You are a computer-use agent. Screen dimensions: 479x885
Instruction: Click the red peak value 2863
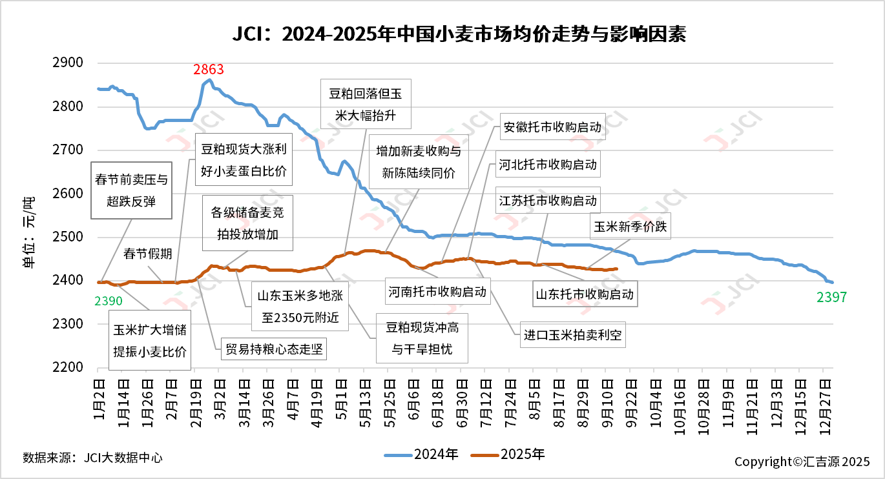[x=208, y=70]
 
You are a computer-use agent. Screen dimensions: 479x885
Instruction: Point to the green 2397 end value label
[x=831, y=298]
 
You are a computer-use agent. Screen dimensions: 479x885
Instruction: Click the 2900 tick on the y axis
[x=72, y=63]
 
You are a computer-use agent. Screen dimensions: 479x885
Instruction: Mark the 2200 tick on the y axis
[x=72, y=367]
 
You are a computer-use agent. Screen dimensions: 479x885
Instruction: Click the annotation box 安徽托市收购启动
[x=552, y=127]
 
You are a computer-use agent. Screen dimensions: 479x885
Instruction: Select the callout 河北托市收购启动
[x=547, y=164]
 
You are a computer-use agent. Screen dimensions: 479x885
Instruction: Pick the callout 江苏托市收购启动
[x=548, y=200]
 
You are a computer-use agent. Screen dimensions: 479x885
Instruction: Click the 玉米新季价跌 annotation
[x=629, y=227]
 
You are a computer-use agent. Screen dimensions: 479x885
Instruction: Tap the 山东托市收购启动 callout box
[x=585, y=294]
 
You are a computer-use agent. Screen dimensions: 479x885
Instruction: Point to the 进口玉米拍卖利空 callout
[x=574, y=335]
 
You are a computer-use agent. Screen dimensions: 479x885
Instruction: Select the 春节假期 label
[x=148, y=254]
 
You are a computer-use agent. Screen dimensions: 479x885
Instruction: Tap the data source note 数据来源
[x=92, y=458]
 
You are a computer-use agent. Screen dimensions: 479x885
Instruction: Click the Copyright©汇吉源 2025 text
[x=802, y=462]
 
